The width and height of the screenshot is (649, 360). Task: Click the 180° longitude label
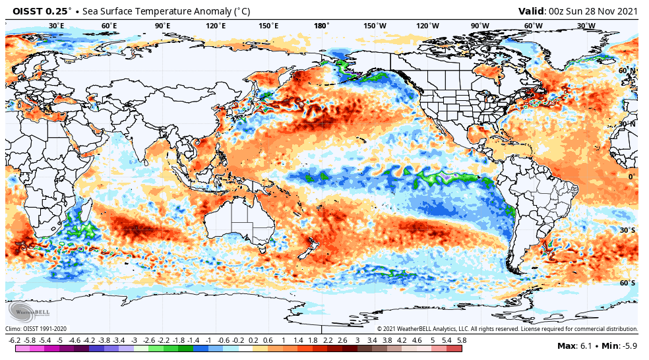321,26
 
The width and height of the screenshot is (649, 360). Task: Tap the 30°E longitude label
56,26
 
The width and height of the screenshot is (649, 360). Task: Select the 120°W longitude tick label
427,26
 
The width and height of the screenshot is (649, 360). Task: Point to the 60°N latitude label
627,71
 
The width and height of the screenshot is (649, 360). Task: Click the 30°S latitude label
627,230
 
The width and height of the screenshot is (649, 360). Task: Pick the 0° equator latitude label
631,177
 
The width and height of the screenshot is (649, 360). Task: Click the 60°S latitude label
627,283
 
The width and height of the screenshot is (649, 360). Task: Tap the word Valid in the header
531,11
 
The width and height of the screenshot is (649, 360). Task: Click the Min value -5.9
627,345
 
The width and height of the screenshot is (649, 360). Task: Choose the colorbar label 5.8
462,340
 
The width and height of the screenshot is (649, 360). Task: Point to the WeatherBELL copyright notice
507,328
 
